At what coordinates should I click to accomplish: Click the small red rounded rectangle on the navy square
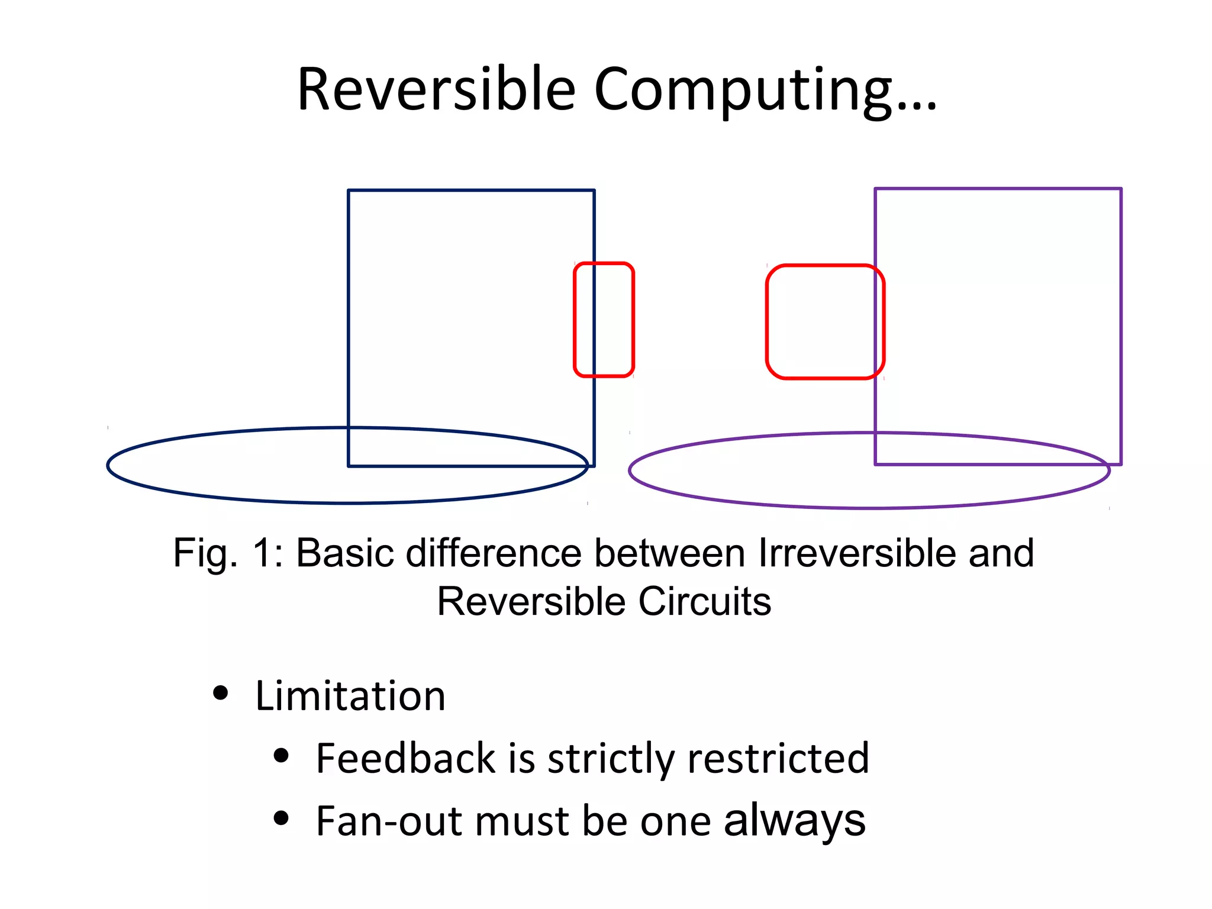point(604,320)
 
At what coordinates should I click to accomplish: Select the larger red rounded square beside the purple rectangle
point(825,321)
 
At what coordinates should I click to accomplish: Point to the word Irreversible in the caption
point(857,553)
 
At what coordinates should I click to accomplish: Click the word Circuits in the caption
point(704,602)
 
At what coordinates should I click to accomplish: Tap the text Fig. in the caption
point(205,553)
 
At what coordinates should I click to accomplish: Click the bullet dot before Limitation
point(220,693)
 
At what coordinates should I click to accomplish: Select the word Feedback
point(405,758)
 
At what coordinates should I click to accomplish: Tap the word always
point(794,821)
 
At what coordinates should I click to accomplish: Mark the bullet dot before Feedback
point(281,756)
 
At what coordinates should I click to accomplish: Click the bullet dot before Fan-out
point(281,818)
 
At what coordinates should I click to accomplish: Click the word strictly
point(611,758)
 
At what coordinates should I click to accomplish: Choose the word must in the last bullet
point(521,822)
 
